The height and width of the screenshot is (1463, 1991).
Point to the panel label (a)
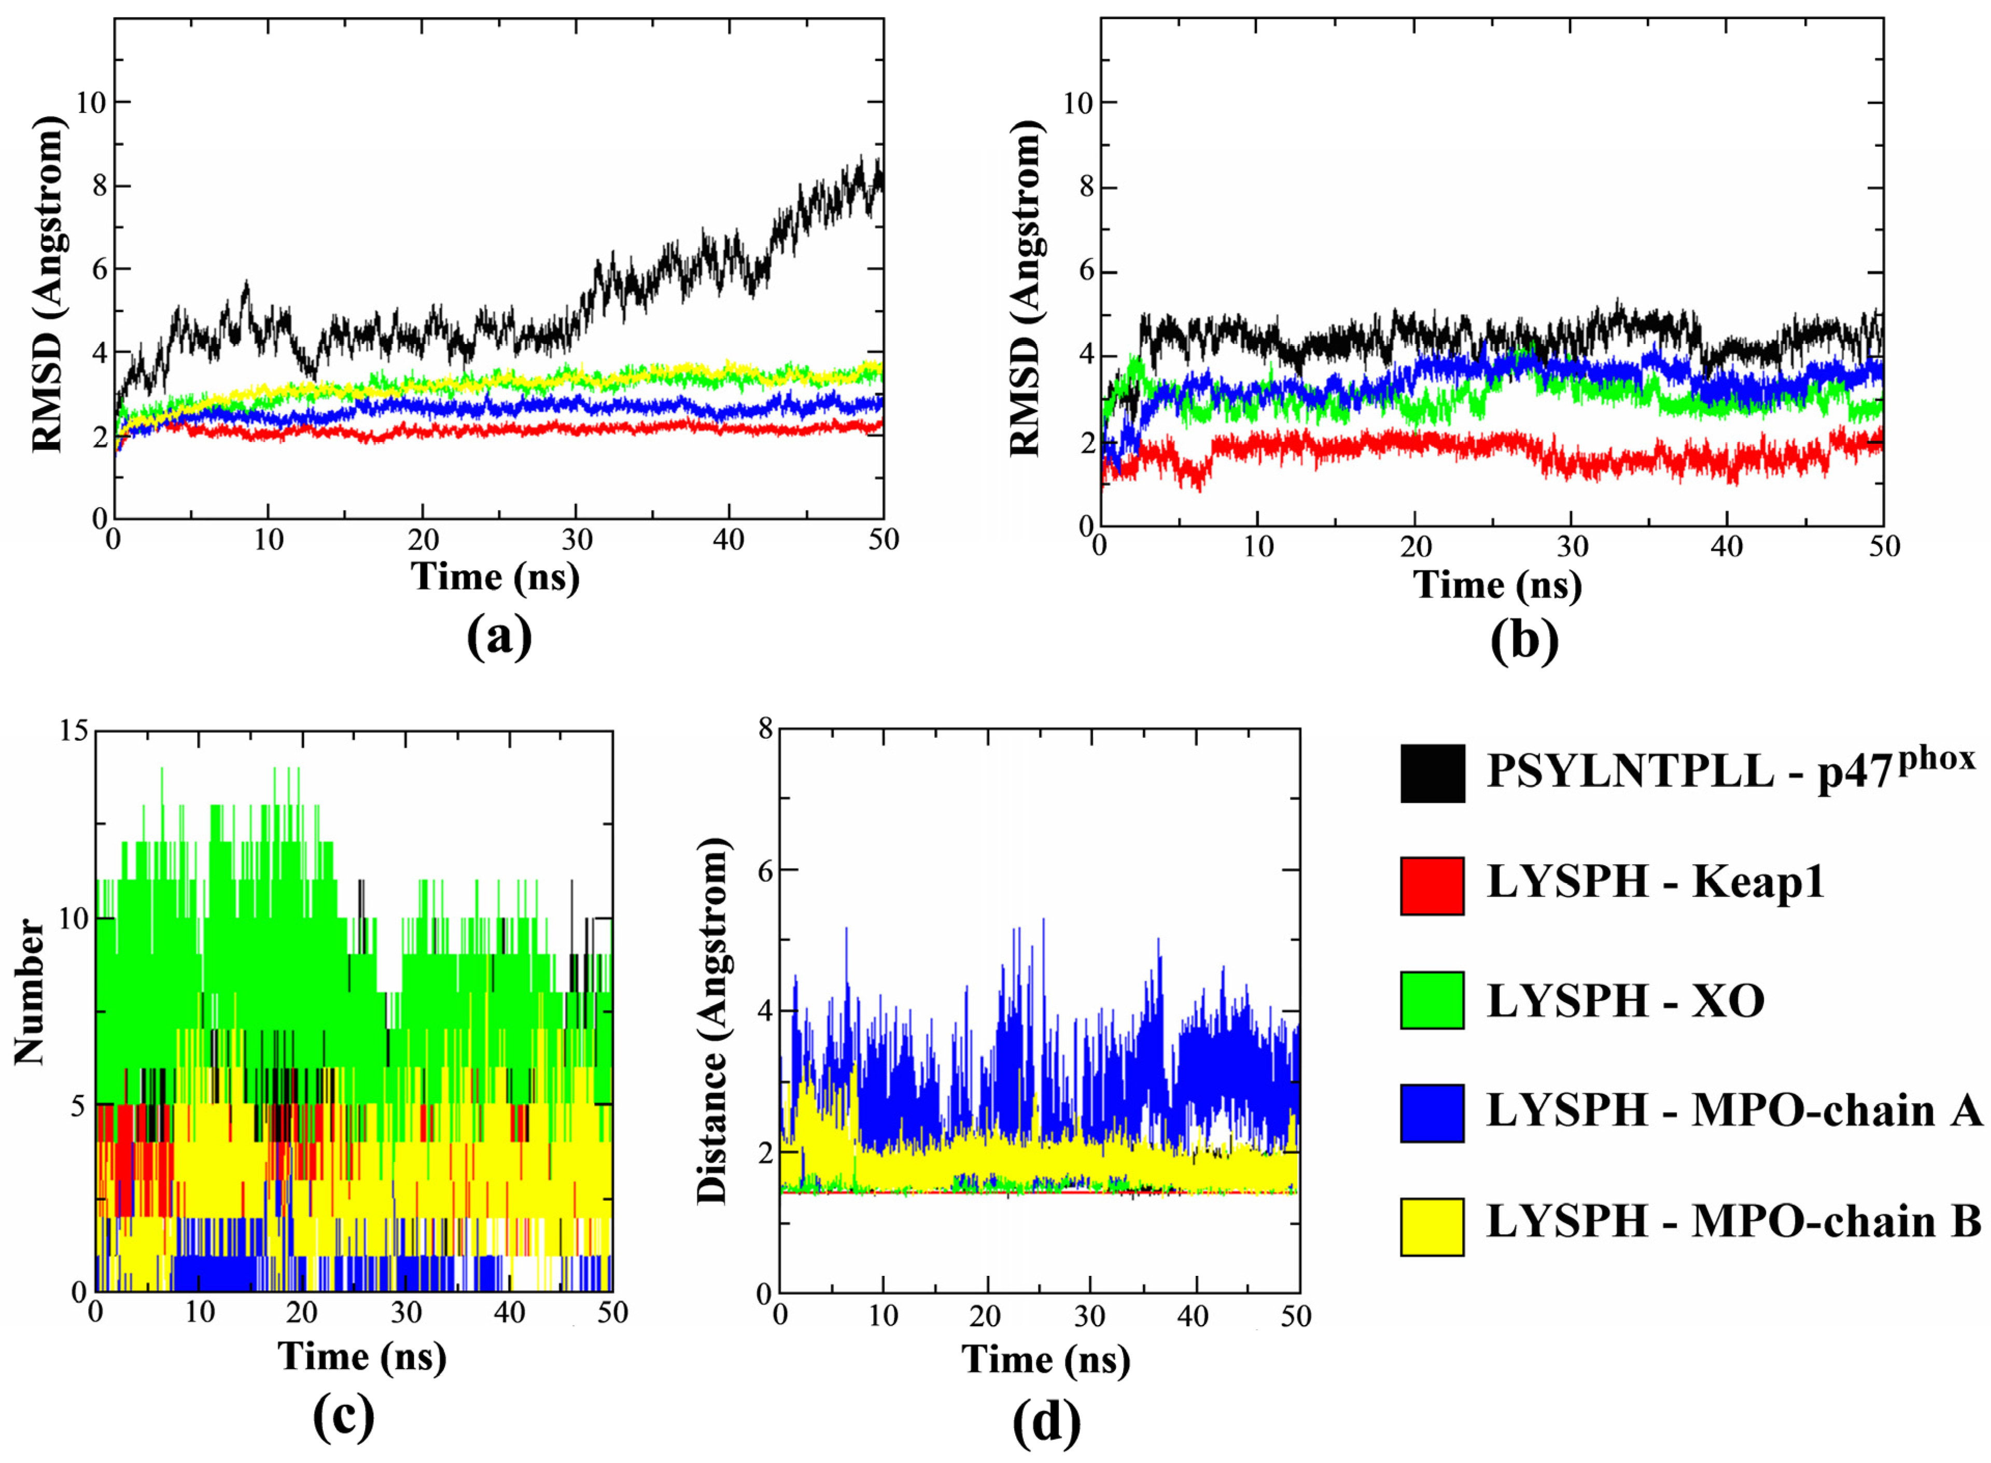click(x=499, y=636)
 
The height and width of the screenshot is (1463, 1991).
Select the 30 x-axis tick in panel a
click(x=577, y=539)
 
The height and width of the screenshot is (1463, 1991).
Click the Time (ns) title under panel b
click(x=1497, y=584)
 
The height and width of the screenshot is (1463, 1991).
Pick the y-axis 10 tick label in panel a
click(x=90, y=103)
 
